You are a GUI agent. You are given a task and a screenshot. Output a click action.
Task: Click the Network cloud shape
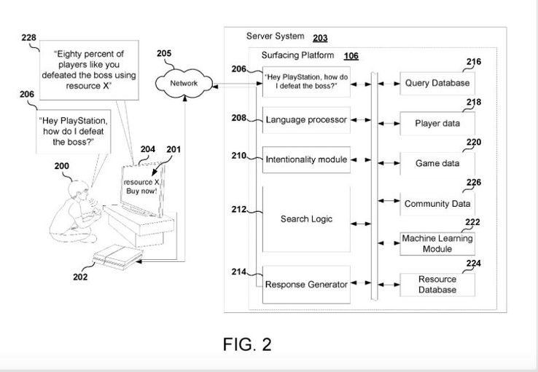pos(184,83)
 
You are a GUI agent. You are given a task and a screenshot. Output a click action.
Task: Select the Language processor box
pos(306,119)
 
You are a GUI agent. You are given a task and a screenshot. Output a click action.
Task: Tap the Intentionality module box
pos(306,158)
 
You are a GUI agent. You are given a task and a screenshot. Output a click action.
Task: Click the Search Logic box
pos(306,218)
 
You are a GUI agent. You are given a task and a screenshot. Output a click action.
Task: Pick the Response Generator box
pos(306,284)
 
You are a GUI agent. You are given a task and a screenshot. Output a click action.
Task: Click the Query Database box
pos(437,83)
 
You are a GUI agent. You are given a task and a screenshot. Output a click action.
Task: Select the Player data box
pos(437,123)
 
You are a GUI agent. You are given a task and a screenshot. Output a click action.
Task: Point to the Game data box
pos(437,163)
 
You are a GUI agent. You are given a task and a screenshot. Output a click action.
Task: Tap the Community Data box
pos(437,204)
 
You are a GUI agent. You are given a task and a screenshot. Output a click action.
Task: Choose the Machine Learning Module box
pos(437,244)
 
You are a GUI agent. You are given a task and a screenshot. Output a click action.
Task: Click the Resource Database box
pos(437,285)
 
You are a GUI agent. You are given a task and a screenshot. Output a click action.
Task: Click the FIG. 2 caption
pos(247,344)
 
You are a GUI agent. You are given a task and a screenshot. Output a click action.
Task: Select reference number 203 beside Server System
pos(320,37)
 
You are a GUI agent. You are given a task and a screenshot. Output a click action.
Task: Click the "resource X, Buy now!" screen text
pos(141,186)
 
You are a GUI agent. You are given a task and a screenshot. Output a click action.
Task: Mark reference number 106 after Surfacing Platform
pos(351,55)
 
